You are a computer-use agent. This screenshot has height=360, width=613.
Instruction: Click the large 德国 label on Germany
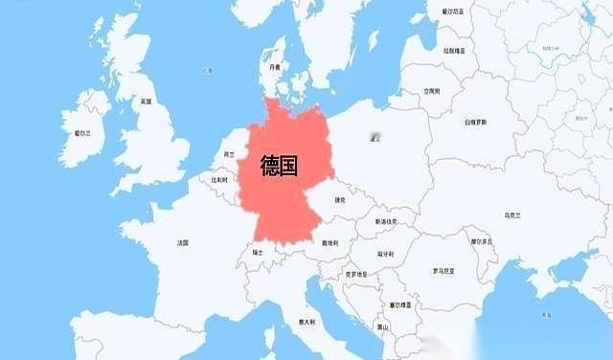pyautogui.click(x=279, y=167)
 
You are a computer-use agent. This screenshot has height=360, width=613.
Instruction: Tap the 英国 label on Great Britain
pyautogui.click(x=146, y=101)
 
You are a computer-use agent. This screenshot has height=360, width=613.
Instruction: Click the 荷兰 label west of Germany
pyautogui.click(x=229, y=153)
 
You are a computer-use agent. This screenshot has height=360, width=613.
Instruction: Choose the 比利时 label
pyautogui.click(x=219, y=179)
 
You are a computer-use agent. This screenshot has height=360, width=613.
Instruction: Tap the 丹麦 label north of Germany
pyautogui.click(x=275, y=67)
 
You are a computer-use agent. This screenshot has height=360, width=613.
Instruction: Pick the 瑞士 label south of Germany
pyautogui.click(x=257, y=253)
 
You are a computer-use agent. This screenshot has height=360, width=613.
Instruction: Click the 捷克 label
pyautogui.click(x=340, y=200)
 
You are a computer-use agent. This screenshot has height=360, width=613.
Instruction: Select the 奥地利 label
pyautogui.click(x=329, y=242)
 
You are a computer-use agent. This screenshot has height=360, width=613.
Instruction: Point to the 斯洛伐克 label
pyautogui.click(x=387, y=221)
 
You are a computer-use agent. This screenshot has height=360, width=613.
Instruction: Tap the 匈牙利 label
pyautogui.click(x=385, y=254)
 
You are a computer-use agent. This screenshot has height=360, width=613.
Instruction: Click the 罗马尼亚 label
pyautogui.click(x=442, y=271)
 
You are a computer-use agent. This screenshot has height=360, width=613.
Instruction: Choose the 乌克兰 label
pyautogui.click(x=512, y=216)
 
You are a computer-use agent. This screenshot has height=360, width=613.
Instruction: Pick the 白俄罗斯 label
pyautogui.click(x=476, y=123)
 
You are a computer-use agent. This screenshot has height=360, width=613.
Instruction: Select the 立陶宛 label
pyautogui.click(x=432, y=92)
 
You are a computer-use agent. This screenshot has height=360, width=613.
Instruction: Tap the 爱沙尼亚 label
pyautogui.click(x=452, y=12)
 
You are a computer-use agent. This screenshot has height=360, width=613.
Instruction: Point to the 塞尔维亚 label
pyautogui.click(x=400, y=305)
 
